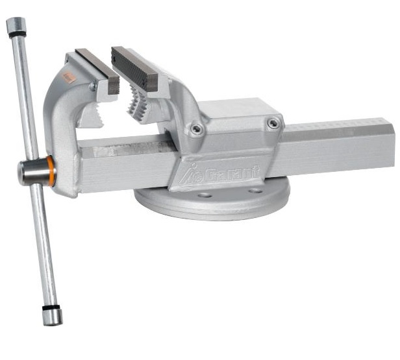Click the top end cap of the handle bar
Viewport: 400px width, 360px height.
tap(16, 25)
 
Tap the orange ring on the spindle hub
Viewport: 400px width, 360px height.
tap(51, 171)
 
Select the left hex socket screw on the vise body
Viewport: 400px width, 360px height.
tap(196, 128)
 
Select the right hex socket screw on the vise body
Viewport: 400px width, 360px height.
tap(273, 123)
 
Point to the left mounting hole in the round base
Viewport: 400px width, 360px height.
tap(205, 195)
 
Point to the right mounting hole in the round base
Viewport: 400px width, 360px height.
tap(256, 191)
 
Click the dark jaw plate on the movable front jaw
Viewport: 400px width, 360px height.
tap(97, 71)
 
